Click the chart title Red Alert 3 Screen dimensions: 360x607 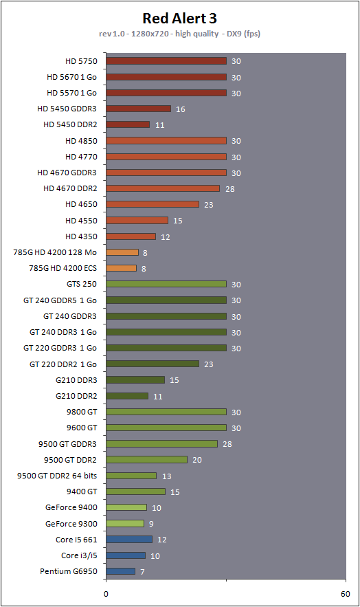pos(180,18)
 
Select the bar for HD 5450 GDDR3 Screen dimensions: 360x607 pos(138,109)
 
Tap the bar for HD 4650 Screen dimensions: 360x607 pos(153,204)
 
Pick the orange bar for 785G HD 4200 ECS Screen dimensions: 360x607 pos(122,268)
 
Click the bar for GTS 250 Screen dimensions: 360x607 pos(166,284)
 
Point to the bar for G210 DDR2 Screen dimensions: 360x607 pos(127,396)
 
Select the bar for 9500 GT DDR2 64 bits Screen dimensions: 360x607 pos(131,476)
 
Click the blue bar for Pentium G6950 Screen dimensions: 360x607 pos(121,571)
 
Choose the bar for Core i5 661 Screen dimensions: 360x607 pos(129,539)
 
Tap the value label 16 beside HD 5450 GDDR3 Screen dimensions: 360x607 pos(181,109)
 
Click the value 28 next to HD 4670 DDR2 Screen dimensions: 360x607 pos(230,189)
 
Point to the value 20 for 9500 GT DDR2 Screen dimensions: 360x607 pos(197,460)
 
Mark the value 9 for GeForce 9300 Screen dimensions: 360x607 pos(151,524)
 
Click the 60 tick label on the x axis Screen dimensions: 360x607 pos(346,594)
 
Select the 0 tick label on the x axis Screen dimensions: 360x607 pos(106,594)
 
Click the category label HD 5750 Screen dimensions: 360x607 pos(81,61)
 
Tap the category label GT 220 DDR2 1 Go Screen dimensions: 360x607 pos(63,364)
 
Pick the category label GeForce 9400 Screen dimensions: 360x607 pos(71,507)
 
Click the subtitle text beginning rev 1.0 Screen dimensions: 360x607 pos(179,34)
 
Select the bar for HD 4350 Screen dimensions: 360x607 pos(131,236)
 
